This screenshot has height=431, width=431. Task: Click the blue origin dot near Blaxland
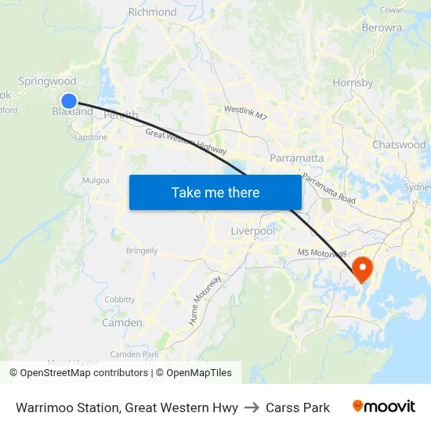point(69,100)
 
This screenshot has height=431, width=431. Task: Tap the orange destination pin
point(363,269)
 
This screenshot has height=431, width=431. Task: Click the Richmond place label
point(152,12)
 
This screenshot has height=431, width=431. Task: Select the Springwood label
point(47,81)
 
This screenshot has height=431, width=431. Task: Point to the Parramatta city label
point(296,158)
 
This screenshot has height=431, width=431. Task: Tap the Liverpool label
point(253,231)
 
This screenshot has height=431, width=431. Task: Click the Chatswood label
point(399,145)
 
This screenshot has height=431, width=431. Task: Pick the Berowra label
point(382,27)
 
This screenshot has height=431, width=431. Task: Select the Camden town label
point(122,323)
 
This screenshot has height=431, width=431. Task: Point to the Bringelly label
point(142,252)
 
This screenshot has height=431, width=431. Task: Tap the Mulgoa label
point(96,180)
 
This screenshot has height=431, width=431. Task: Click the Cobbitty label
point(120,299)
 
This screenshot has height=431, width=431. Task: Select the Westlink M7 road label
point(245,114)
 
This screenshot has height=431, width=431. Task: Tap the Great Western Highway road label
point(186,142)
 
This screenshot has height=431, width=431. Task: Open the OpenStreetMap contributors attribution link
point(83,373)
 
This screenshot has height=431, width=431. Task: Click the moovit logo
point(383,407)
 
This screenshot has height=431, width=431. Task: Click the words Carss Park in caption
point(298,407)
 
